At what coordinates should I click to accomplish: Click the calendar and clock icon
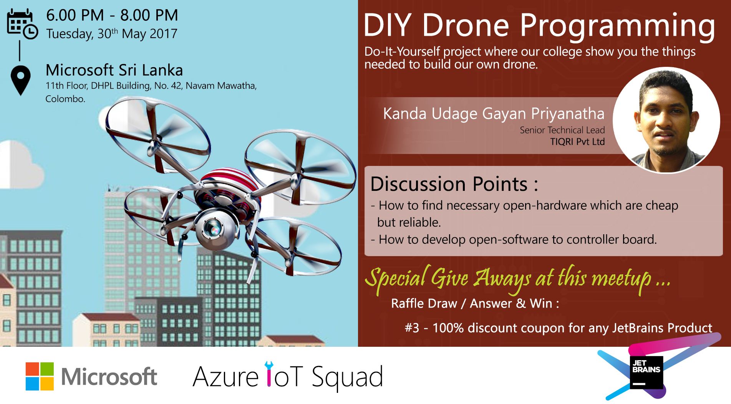(x=22, y=24)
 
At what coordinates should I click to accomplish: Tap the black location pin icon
(x=21, y=79)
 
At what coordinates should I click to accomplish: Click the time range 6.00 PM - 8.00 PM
(x=112, y=15)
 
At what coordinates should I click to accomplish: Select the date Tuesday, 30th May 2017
(x=112, y=34)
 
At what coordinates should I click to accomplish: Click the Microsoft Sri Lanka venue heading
(x=114, y=70)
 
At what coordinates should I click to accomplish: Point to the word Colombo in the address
(x=65, y=99)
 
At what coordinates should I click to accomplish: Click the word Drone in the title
(x=465, y=25)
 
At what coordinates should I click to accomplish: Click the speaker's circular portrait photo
(x=666, y=120)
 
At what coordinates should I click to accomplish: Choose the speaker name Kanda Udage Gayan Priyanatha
(x=494, y=114)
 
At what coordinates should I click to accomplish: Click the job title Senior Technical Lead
(x=562, y=130)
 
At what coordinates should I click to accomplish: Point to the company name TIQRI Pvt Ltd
(x=577, y=142)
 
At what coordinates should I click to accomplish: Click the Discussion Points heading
(x=454, y=184)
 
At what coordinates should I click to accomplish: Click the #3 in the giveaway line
(x=412, y=328)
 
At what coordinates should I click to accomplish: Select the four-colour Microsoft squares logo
(x=40, y=376)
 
